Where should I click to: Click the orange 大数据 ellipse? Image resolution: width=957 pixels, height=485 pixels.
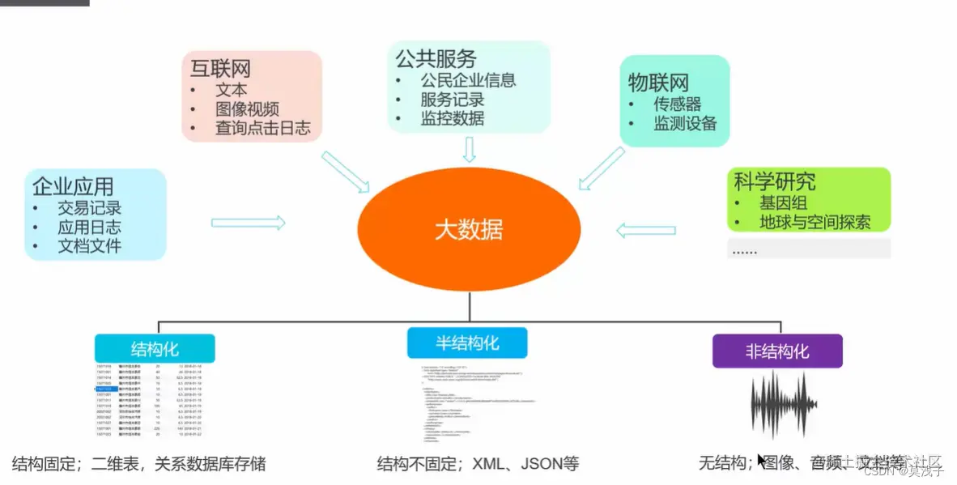[x=469, y=229]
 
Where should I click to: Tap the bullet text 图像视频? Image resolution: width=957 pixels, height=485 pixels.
[x=247, y=109]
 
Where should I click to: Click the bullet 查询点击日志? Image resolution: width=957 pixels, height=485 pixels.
[x=262, y=128]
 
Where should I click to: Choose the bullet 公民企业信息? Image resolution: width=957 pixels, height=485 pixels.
[x=468, y=80]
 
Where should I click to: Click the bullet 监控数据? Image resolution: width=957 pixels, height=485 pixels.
[x=452, y=118]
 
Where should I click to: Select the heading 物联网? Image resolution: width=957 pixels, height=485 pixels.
[x=658, y=82]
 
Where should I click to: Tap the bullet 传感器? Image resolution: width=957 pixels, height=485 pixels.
[x=677, y=104]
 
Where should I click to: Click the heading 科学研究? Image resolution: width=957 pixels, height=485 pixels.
[x=774, y=181]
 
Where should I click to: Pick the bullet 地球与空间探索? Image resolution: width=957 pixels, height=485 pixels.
[x=815, y=222]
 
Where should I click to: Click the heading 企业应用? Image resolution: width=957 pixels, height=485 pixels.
[x=73, y=187]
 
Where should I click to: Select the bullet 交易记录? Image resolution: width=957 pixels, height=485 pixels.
[x=89, y=208]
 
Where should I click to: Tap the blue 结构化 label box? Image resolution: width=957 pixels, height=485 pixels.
[x=155, y=349]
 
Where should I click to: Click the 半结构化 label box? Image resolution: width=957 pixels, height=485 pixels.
[x=467, y=342]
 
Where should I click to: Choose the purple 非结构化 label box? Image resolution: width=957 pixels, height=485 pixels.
[x=776, y=351]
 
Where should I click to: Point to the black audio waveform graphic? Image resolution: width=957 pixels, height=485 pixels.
[x=780, y=405]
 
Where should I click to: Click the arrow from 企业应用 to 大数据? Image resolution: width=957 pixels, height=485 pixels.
[x=248, y=223]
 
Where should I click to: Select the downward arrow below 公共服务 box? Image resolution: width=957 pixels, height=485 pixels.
[x=469, y=149]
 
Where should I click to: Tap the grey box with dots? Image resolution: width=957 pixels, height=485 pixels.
[x=808, y=249]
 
